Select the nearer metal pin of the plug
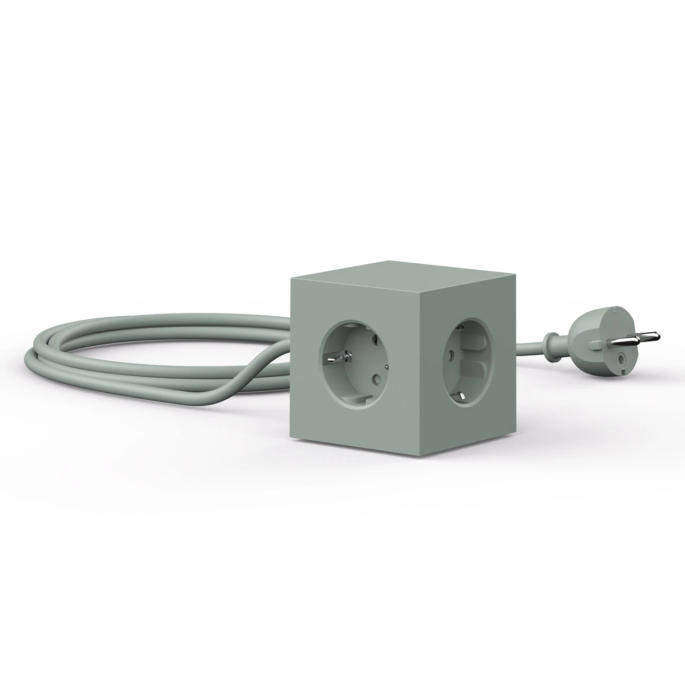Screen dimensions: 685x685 642,338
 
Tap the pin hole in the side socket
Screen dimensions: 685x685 452,354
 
